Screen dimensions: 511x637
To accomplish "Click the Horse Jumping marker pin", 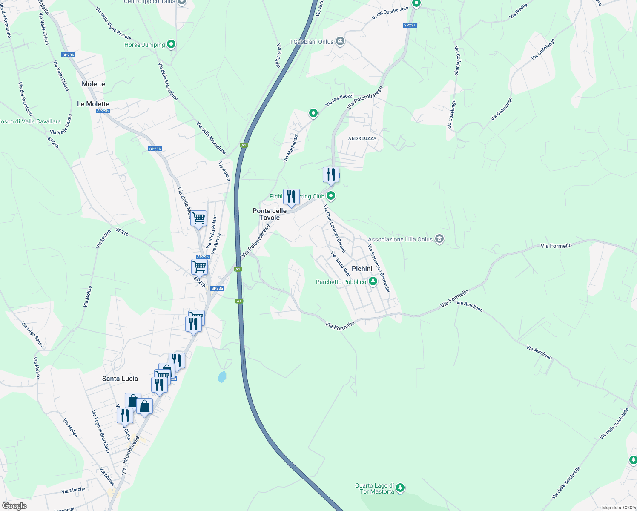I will [171, 44].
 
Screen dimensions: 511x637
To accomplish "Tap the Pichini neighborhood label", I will [362, 269].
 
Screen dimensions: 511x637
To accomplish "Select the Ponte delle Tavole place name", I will [270, 214].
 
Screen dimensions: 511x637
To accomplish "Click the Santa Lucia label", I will [120, 379].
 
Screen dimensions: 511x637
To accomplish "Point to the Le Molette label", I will [93, 104].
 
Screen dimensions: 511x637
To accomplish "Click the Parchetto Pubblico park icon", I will [373, 281].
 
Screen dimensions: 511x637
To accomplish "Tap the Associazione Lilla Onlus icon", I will [439, 239].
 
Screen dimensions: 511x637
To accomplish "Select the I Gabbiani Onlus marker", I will [340, 41].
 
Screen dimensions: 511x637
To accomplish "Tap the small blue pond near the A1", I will [222, 377].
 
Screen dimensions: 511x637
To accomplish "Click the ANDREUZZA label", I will [362, 138].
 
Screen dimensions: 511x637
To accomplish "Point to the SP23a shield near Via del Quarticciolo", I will [409, 26].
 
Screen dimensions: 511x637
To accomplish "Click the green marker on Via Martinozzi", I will [313, 113].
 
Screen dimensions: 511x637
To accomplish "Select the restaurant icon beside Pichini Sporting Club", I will [291, 197].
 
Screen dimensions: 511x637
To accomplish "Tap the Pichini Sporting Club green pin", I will [331, 196].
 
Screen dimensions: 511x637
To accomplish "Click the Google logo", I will [14, 506].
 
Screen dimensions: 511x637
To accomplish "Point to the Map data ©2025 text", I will [618, 508].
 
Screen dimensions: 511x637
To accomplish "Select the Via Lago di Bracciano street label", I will [100, 431].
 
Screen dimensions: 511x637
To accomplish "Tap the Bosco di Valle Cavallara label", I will [30, 121].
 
